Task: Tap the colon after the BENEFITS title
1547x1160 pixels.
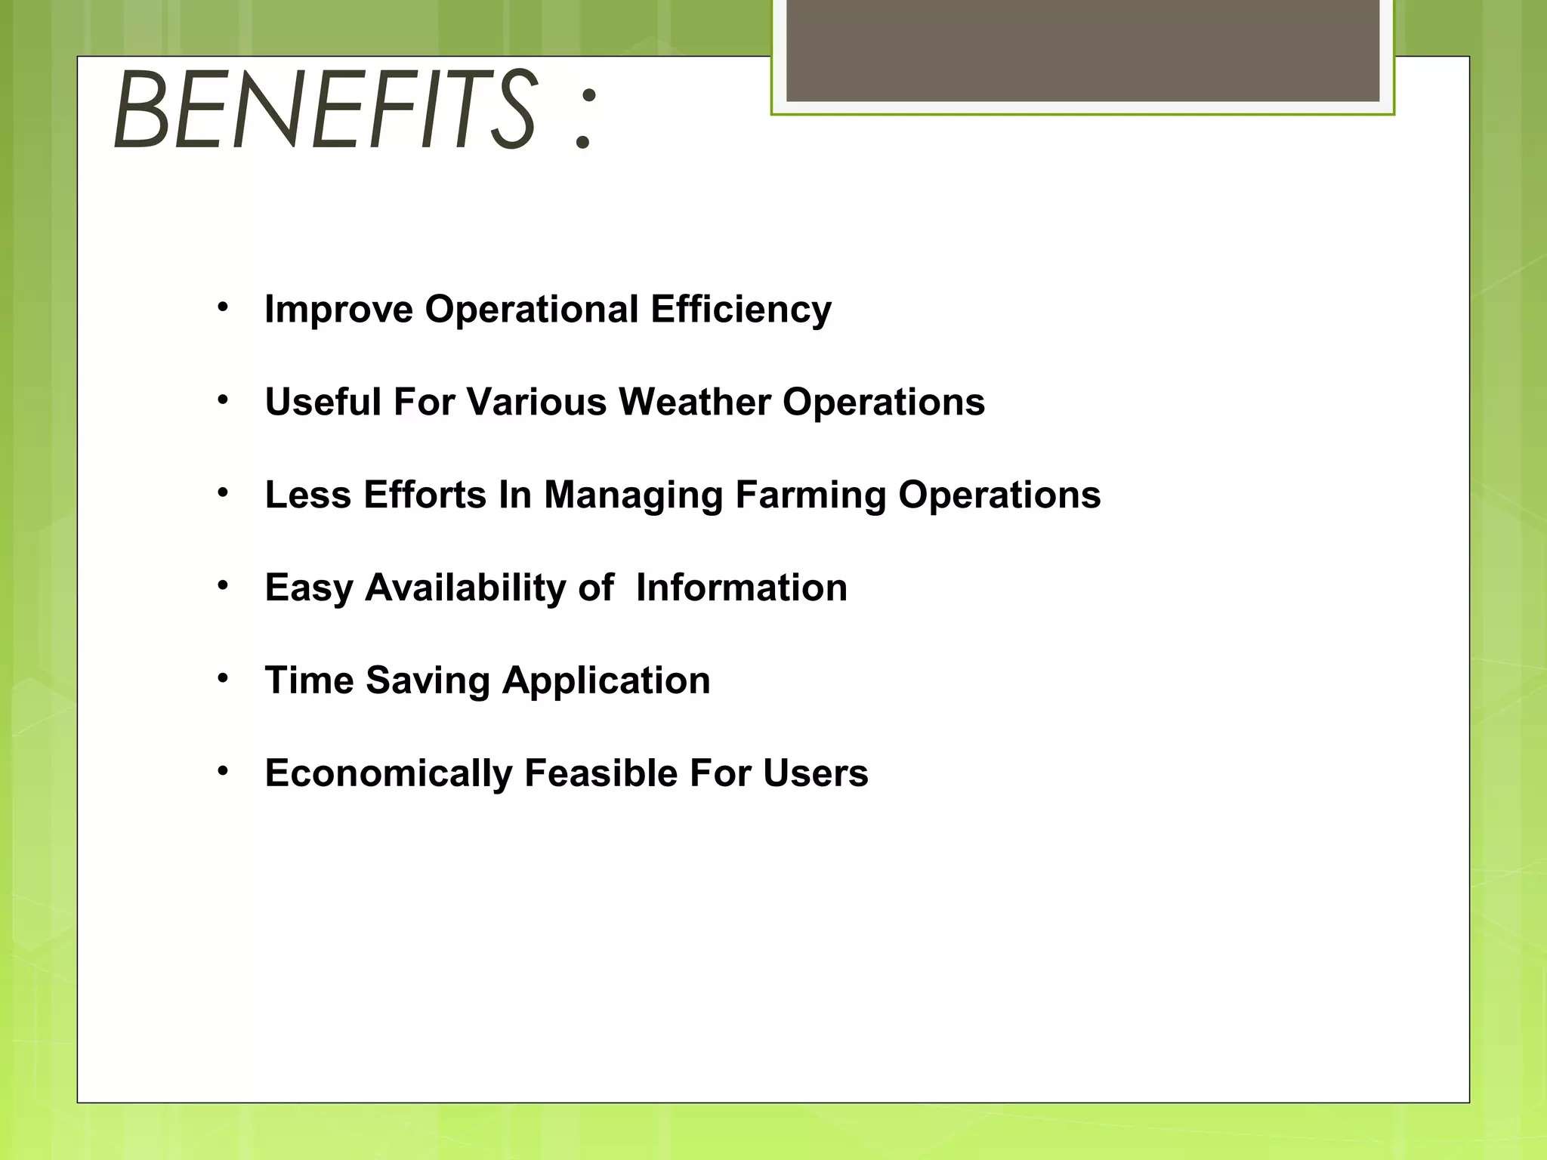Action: click(x=584, y=116)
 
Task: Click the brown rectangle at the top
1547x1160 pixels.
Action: click(x=1082, y=50)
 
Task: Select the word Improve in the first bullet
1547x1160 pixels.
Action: click(x=338, y=310)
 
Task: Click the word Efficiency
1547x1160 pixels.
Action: click(x=740, y=310)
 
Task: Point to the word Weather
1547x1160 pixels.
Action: click(x=694, y=402)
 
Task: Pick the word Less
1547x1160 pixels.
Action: click(x=307, y=495)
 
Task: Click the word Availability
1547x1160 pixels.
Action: click(x=465, y=588)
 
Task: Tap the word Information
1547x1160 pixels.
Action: click(x=741, y=588)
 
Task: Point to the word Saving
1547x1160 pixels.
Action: click(x=428, y=681)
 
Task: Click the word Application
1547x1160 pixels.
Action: click(x=606, y=681)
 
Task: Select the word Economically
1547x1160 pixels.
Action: click(x=388, y=774)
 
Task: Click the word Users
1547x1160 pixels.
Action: click(x=815, y=774)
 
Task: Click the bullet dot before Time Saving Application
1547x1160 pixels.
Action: click(x=222, y=678)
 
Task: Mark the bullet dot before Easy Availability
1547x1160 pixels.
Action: click(x=222, y=585)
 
